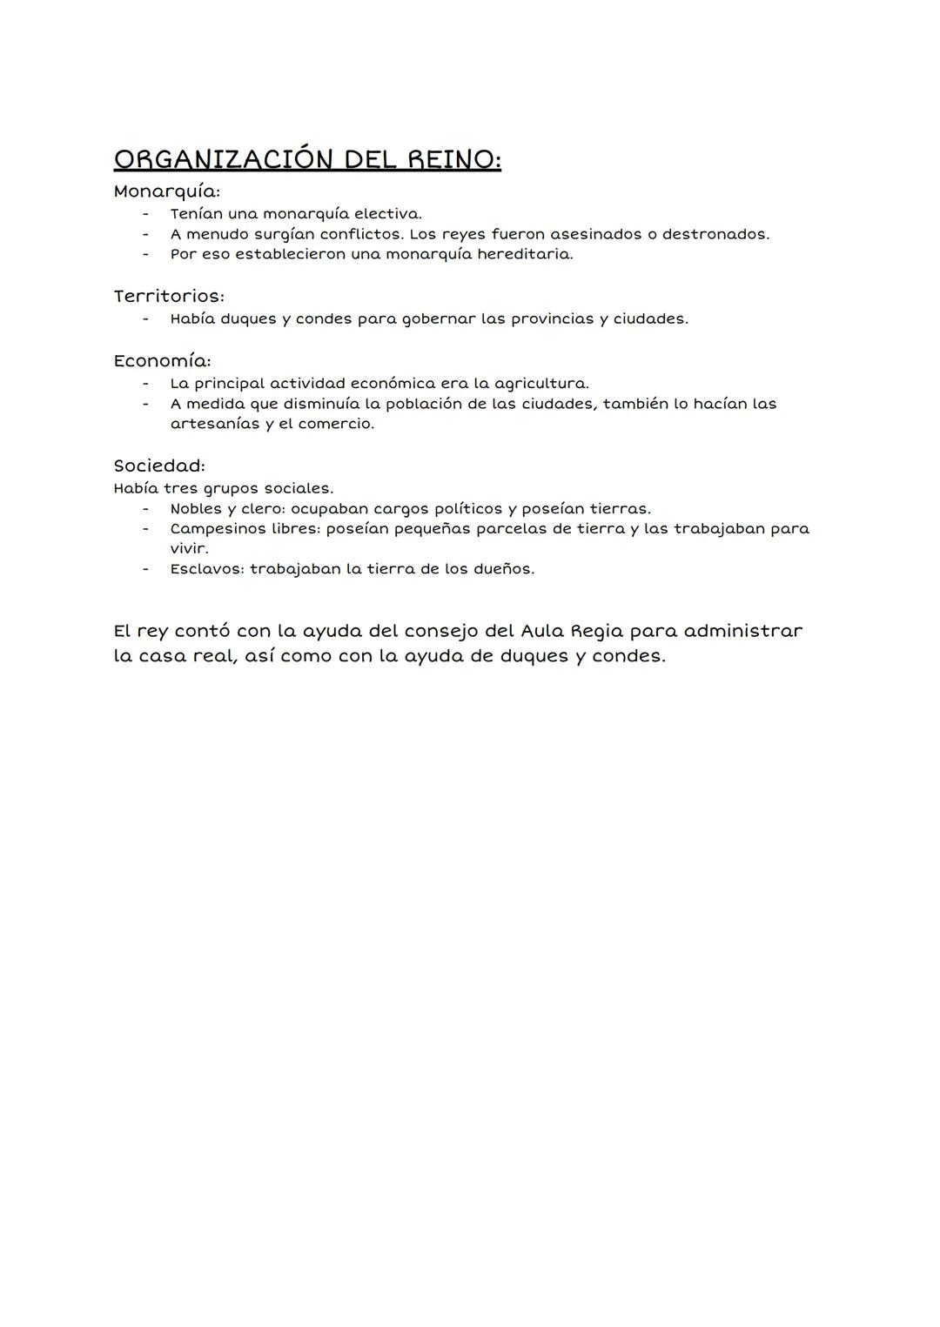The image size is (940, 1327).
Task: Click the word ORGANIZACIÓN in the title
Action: click(x=224, y=160)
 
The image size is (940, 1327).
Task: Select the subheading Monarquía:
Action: click(x=166, y=191)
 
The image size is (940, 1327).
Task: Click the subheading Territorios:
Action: click(x=169, y=297)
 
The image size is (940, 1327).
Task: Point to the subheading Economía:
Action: click(x=162, y=361)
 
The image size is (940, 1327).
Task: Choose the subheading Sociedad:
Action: click(x=159, y=466)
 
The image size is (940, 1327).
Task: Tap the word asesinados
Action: click(x=595, y=234)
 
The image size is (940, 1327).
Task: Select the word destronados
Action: click(x=715, y=234)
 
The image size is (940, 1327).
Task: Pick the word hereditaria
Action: click(x=525, y=254)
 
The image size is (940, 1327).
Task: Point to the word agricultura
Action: click(x=541, y=384)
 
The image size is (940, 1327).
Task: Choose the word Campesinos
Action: click(x=218, y=529)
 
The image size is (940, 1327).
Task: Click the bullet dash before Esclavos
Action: click(x=146, y=569)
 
